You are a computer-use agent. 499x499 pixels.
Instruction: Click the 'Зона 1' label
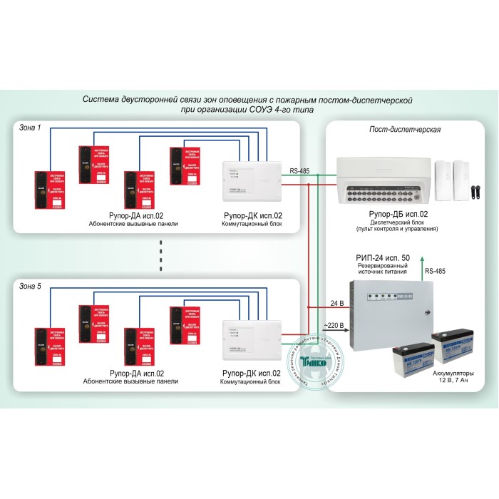(x=29, y=128)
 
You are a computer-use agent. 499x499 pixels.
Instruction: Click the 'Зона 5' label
(x=29, y=286)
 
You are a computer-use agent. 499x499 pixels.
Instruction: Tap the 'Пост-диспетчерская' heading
(x=403, y=130)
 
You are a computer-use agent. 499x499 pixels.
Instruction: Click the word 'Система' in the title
(x=102, y=100)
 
